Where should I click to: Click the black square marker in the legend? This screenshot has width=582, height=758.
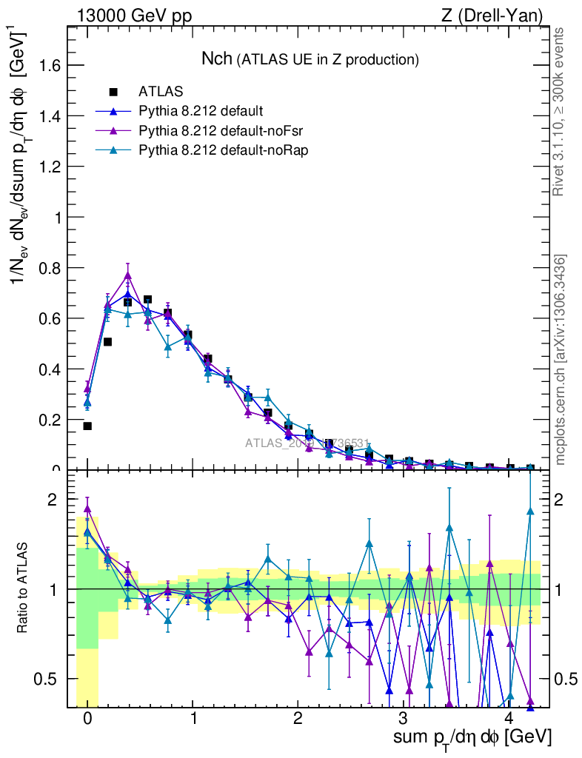click(x=113, y=93)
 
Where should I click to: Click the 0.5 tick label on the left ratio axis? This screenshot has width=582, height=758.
click(x=48, y=679)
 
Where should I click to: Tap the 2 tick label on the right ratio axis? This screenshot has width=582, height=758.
click(x=564, y=500)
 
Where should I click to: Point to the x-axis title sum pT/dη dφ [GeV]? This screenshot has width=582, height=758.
click(x=472, y=738)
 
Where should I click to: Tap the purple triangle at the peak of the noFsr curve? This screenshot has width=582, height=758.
click(x=128, y=275)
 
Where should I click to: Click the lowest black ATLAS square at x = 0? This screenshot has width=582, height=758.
click(x=87, y=426)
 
